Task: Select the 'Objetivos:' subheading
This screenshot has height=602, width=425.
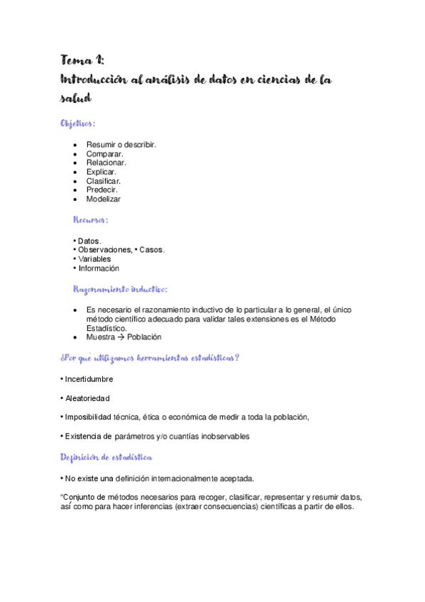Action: (x=78, y=124)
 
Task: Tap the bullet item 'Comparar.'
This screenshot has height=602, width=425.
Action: (x=105, y=154)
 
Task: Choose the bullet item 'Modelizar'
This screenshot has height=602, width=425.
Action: (x=104, y=199)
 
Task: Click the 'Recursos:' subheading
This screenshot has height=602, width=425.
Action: (x=91, y=220)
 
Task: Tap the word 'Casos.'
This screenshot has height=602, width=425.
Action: (x=152, y=250)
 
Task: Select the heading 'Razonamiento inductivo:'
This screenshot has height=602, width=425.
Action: (x=120, y=289)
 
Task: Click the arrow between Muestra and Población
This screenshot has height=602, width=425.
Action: (x=121, y=337)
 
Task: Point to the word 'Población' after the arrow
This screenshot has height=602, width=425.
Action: (x=145, y=337)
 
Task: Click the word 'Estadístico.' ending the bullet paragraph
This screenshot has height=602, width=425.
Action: (x=106, y=328)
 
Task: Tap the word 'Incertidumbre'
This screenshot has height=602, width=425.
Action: (x=89, y=379)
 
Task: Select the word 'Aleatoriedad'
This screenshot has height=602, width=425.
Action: (x=87, y=398)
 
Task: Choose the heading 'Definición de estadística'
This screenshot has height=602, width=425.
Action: (x=105, y=456)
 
